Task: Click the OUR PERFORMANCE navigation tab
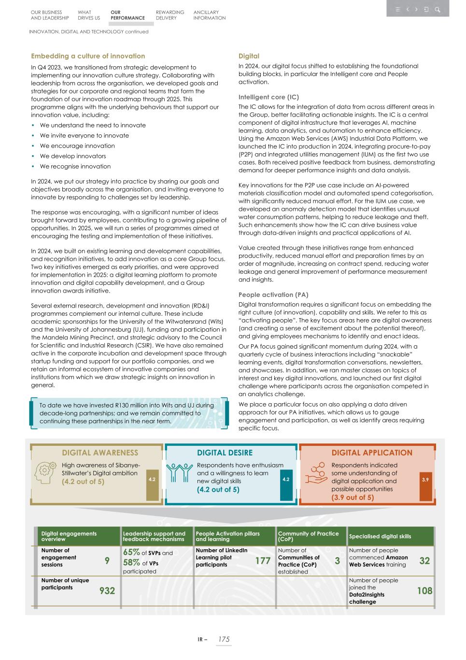coord(127,15)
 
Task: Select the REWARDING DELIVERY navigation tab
coord(169,15)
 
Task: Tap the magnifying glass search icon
coord(437,9)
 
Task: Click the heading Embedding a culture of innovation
coord(88,56)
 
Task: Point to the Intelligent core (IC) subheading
coord(268,97)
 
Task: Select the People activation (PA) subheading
coord(273,294)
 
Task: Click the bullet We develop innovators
coord(72,156)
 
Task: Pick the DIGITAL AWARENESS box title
coord(100,453)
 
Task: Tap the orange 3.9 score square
coord(425,479)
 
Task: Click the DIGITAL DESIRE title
coord(225,453)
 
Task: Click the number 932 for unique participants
coord(107,590)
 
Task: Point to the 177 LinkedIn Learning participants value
coord(263,560)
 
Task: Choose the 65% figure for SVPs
coord(131,552)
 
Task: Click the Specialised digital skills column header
coord(380,536)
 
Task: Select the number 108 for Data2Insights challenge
coord(424,590)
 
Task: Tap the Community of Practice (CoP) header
coord(308,536)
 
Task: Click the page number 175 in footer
coord(224,639)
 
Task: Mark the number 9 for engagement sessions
coord(107,560)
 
